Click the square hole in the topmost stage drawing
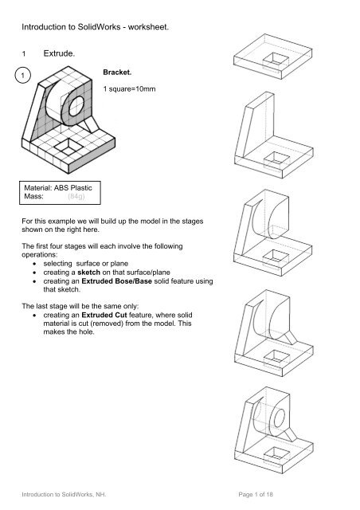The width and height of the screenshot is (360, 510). pos(279,61)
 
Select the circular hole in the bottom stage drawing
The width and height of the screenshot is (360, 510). pos(283,418)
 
